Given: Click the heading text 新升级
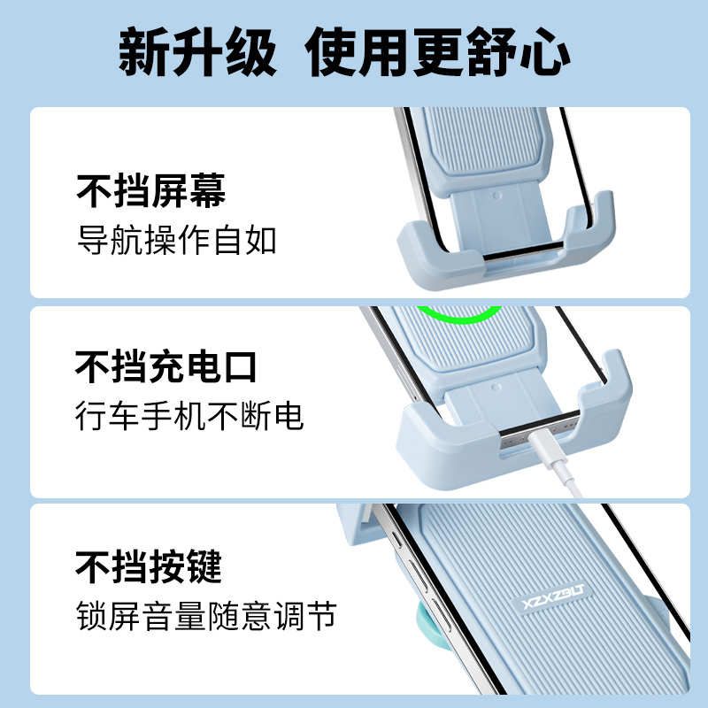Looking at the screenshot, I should [196, 55].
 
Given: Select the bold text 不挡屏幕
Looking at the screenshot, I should [150, 190].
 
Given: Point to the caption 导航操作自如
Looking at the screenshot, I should [177, 240].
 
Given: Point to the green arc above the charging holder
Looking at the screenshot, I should [459, 314].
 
